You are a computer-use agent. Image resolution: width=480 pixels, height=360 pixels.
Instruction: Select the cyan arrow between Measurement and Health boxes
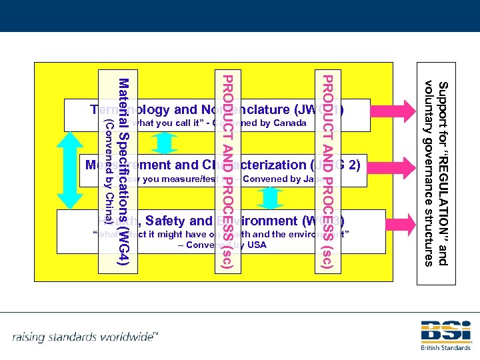click(x=271, y=198)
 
